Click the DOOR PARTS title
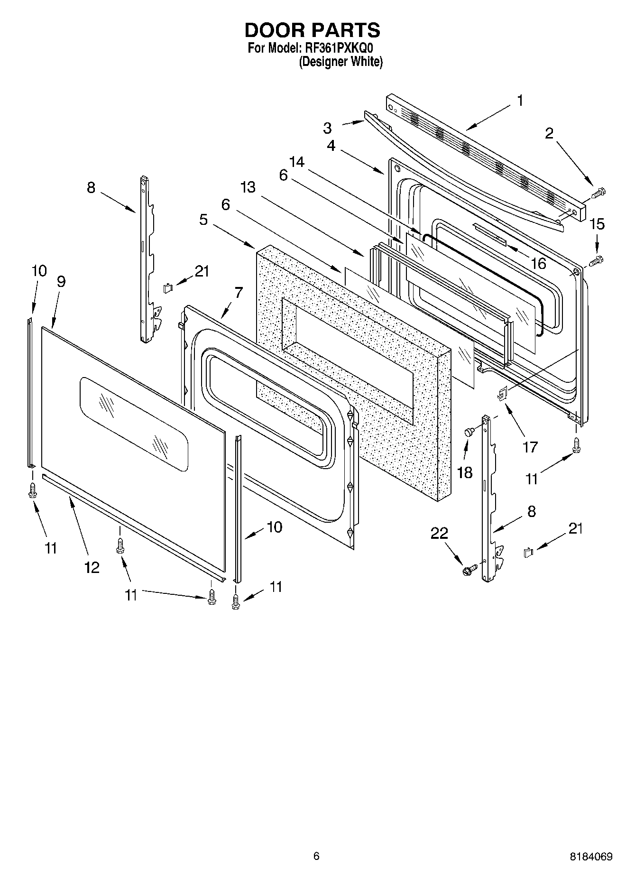[x=312, y=30]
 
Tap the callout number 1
[x=520, y=101]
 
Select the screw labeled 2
[x=599, y=193]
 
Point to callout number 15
[x=597, y=223]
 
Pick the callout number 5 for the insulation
[x=203, y=220]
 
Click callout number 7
[x=238, y=293]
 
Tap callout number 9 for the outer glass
[x=61, y=282]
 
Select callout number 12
[x=92, y=567]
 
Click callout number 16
[x=538, y=263]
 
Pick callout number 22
[x=439, y=533]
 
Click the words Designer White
[x=340, y=62]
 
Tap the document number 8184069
[x=591, y=857]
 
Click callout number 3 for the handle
[x=327, y=128]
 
